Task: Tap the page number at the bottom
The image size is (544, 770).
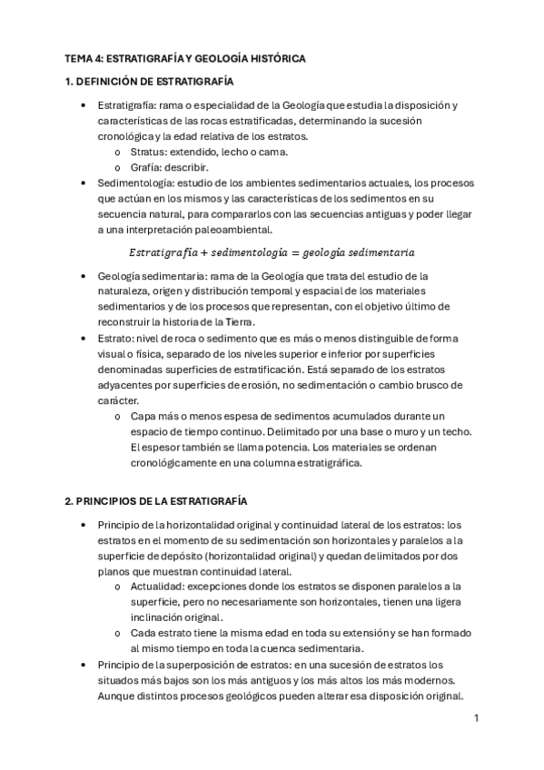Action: (475, 718)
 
